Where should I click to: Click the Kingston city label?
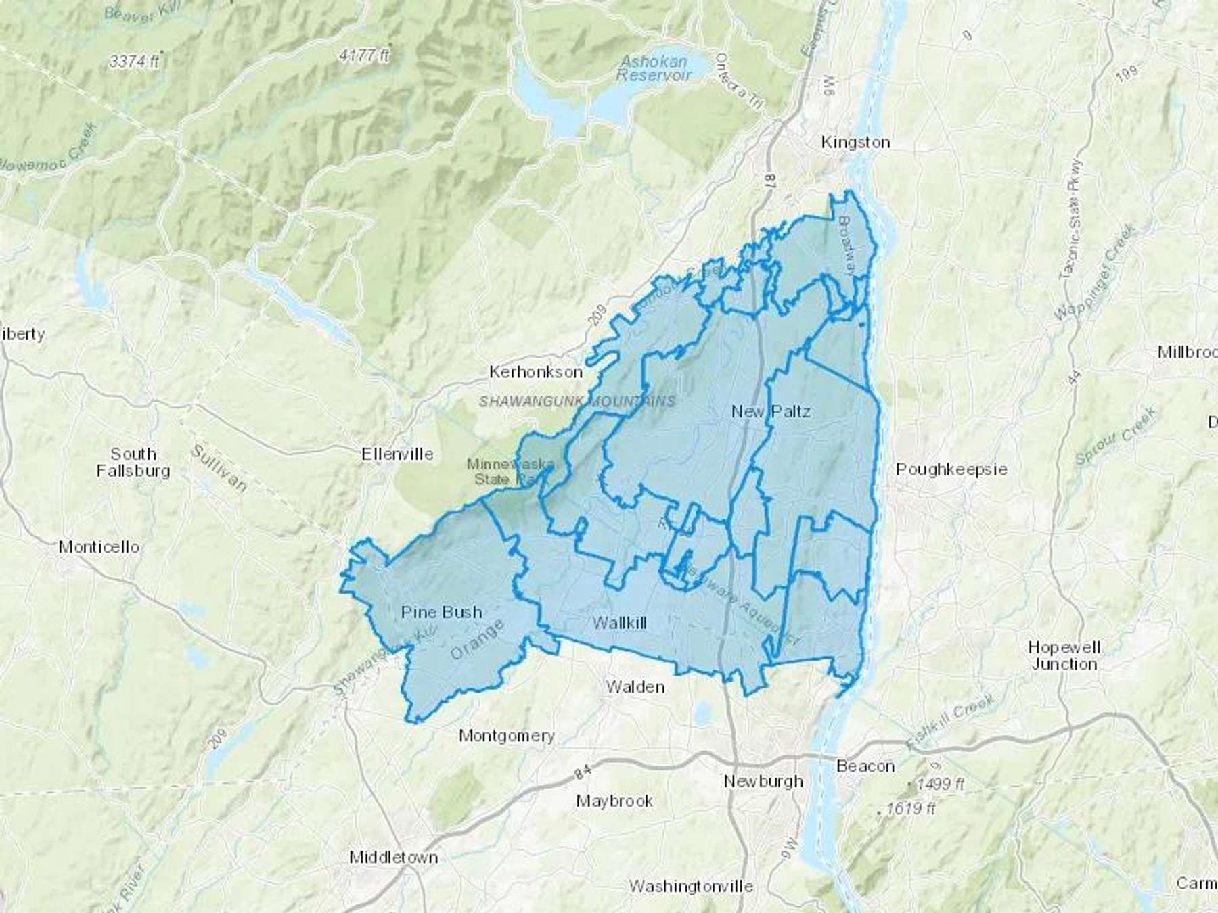pos(855,142)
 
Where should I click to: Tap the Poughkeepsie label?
pos(951,469)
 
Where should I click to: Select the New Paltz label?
pos(771,411)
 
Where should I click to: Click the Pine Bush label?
pos(441,612)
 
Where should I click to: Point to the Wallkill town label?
pos(619,623)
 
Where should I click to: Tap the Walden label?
pos(635,687)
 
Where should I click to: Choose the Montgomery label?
pos(506,736)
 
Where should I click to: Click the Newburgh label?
pos(763,781)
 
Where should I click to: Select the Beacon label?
pos(865,766)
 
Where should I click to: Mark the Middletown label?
pos(393,858)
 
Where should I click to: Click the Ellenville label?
pos(397,454)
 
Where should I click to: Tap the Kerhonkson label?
pos(535,372)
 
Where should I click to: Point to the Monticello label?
pos(99,546)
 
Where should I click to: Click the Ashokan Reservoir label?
pos(653,68)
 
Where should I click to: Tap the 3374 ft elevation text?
pos(134,61)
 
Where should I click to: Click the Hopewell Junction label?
pos(1064,655)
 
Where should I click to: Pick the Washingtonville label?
pos(690,886)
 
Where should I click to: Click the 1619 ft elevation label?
pos(909,808)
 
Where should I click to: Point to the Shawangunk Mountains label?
pos(577,401)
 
